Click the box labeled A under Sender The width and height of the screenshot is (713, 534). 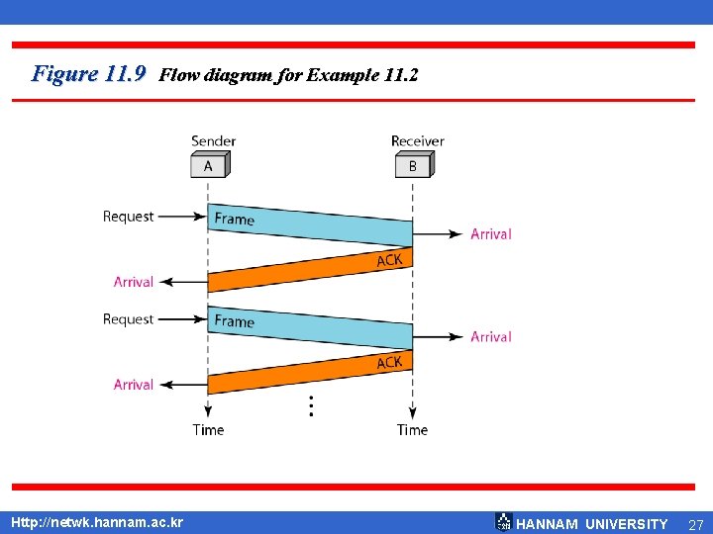[x=208, y=165]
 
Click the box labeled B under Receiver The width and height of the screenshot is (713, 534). [x=413, y=165]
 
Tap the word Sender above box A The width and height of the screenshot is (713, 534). [x=213, y=141]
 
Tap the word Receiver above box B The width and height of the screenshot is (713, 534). [x=417, y=141]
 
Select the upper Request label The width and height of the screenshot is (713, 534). [x=129, y=217]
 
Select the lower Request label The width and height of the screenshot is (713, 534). [x=129, y=319]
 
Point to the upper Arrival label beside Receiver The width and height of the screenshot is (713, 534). [x=490, y=234]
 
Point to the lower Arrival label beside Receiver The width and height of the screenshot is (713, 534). [x=490, y=337]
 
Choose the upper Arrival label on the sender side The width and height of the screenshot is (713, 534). [x=134, y=282]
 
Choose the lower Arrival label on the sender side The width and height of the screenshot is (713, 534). [x=134, y=385]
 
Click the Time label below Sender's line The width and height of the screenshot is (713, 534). [x=208, y=429]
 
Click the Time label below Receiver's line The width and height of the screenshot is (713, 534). [x=412, y=429]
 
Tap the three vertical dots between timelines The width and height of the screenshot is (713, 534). [x=311, y=405]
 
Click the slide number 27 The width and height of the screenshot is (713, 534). [x=695, y=524]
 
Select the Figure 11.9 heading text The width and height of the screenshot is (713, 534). [x=89, y=73]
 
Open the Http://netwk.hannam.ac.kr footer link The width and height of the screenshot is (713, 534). [x=96, y=521]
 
